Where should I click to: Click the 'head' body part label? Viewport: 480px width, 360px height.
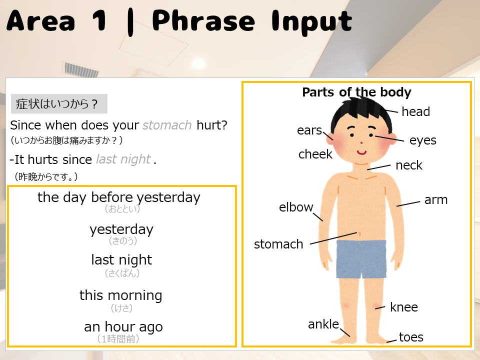pyautogui.click(x=415, y=111)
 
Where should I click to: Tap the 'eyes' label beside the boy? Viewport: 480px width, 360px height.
pyautogui.click(x=423, y=140)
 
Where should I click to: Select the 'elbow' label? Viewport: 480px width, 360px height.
pyautogui.click(x=296, y=207)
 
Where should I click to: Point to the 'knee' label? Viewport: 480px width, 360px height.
pyautogui.click(x=404, y=307)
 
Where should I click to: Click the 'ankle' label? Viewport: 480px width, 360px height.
pyautogui.click(x=323, y=324)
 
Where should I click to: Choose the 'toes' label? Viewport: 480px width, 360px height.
pyautogui.click(x=411, y=337)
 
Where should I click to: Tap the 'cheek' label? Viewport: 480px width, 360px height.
pyautogui.click(x=315, y=154)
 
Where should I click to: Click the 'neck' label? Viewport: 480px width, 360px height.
pyautogui.click(x=409, y=165)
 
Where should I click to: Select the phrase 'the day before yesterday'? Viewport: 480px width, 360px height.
pyautogui.click(x=119, y=197)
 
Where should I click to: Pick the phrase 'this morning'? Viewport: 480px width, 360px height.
pyautogui.click(x=121, y=295)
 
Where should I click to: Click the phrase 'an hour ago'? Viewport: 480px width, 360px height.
pyautogui.click(x=123, y=327)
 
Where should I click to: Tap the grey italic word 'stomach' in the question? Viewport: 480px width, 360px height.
pyautogui.click(x=167, y=125)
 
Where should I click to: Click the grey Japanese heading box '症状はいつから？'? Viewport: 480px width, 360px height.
pyautogui.click(x=59, y=104)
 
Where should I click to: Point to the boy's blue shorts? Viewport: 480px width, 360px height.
pyautogui.click(x=361, y=259)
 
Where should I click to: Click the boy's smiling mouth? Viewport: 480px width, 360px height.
pyautogui.click(x=361, y=152)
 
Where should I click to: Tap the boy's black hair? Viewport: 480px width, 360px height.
pyautogui.click(x=361, y=114)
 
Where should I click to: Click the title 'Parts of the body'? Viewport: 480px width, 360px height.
pyautogui.click(x=356, y=92)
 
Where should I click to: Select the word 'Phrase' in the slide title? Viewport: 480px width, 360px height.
pyautogui.click(x=203, y=20)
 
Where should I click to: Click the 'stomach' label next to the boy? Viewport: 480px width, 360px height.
pyautogui.click(x=278, y=244)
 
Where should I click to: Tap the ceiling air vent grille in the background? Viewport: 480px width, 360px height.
pyautogui.click(x=81, y=70)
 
